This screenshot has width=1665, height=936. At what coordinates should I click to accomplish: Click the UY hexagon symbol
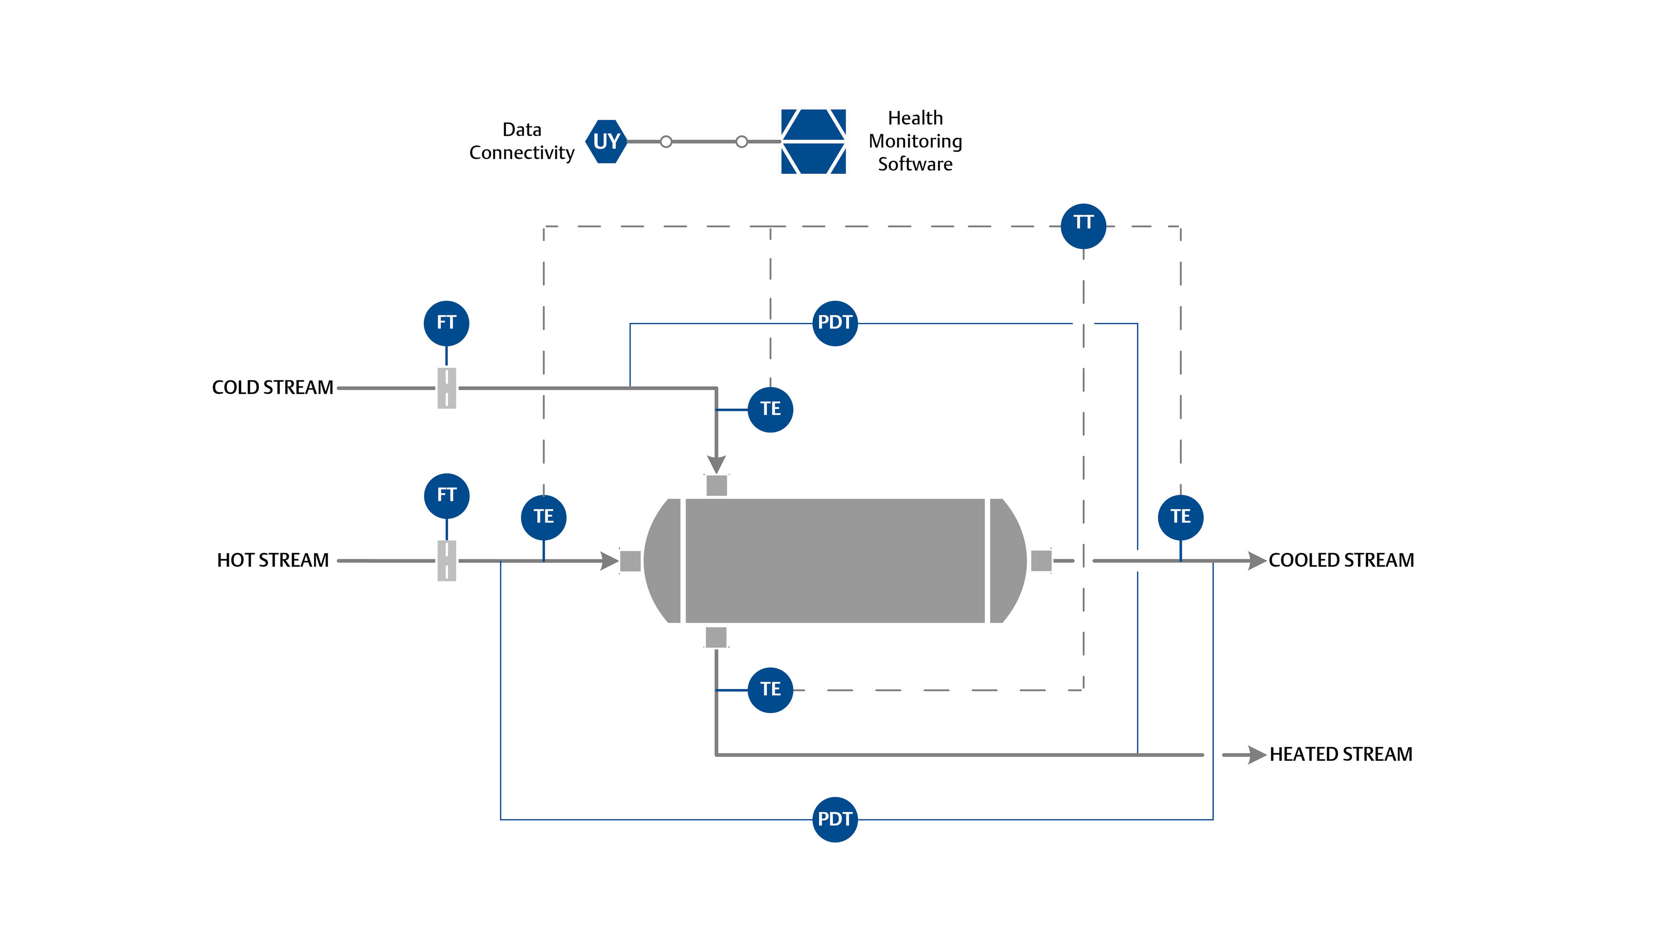[606, 141]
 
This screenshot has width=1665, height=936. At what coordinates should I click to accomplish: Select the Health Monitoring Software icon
[813, 141]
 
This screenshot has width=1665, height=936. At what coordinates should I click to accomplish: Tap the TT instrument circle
[1083, 226]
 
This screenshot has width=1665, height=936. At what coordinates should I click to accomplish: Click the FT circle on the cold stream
[446, 323]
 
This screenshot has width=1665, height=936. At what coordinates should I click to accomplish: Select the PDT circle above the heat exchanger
[835, 323]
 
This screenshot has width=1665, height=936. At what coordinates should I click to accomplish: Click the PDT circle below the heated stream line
[835, 819]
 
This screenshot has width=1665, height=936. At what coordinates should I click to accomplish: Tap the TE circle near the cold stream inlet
[770, 409]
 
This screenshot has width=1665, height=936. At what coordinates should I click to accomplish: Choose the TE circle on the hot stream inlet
[544, 517]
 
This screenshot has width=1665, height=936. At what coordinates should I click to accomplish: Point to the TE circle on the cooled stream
[1180, 517]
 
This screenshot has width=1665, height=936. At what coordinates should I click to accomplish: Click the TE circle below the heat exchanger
[770, 689]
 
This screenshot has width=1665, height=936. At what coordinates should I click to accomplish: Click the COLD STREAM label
[272, 388]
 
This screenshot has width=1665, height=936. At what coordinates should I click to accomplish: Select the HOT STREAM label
[272, 560]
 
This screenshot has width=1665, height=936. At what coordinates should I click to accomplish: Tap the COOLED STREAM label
[1341, 560]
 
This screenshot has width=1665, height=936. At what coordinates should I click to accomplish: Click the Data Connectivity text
[522, 141]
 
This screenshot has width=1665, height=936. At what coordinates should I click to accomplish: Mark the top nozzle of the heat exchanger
[716, 485]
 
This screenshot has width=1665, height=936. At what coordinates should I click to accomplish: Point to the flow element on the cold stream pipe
[447, 388]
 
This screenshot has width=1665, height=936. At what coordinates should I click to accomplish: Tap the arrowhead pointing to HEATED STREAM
[1256, 755]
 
